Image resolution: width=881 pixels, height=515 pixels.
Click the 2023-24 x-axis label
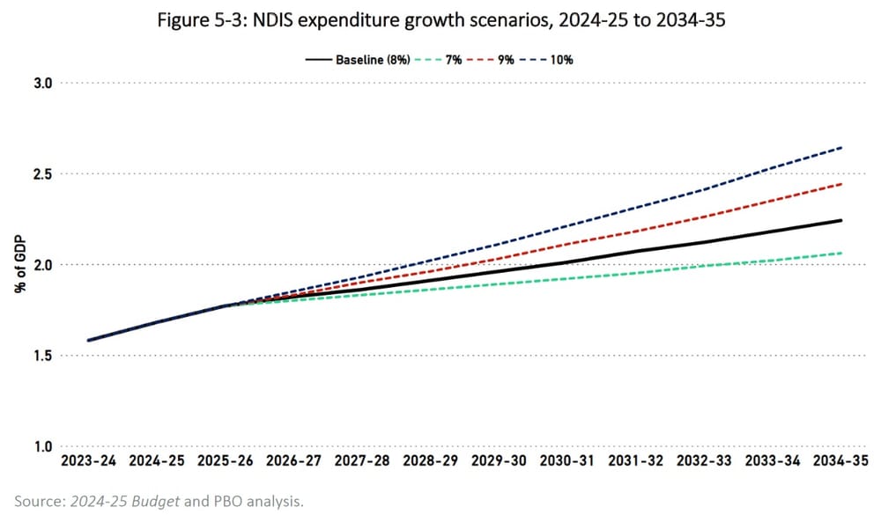90,460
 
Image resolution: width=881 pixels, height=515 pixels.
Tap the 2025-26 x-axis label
226,460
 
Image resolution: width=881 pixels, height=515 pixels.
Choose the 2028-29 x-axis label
432,460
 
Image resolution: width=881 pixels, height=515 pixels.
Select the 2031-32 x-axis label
637,460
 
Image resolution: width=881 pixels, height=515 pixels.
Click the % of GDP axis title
18,265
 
